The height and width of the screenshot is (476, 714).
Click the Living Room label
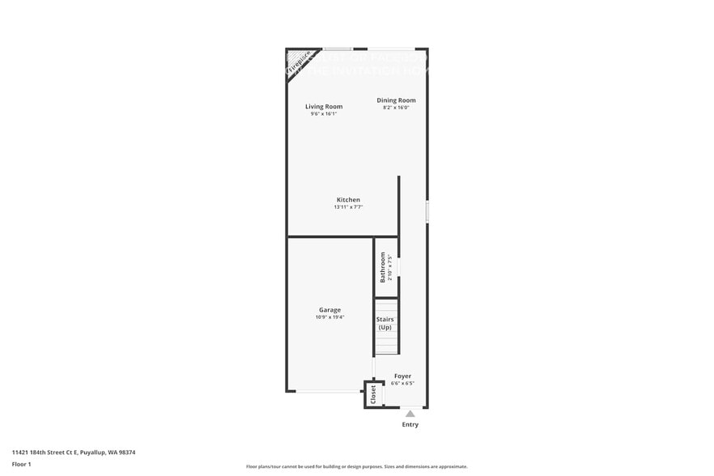tap(324, 106)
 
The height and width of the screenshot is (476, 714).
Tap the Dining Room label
tap(396, 100)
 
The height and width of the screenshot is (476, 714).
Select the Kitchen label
tap(349, 199)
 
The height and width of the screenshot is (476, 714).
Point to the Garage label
tap(329, 309)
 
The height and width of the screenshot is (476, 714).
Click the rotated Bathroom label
tap(383, 267)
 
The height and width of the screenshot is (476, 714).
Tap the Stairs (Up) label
tap(385, 323)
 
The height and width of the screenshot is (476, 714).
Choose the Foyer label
tap(402, 376)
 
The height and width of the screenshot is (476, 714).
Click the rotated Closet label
tap(373, 394)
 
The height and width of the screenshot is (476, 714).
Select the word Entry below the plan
tap(410, 424)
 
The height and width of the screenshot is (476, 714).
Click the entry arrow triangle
tap(410, 414)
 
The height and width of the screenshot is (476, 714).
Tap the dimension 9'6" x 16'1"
tap(324, 114)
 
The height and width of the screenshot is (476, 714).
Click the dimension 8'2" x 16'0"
tap(396, 108)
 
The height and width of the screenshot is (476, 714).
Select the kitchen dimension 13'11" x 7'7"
tap(349, 207)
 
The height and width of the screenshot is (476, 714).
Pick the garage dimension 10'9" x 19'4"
tap(329, 317)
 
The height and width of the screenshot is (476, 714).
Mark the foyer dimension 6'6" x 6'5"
tap(402, 383)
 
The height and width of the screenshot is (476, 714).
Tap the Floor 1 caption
tap(22, 464)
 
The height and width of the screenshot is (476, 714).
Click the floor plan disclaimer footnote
tap(356, 466)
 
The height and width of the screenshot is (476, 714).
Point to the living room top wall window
tap(337, 49)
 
